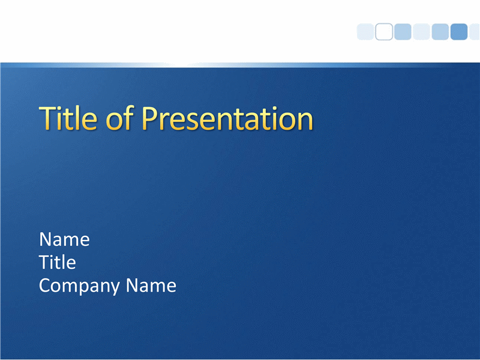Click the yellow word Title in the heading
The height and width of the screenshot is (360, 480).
(x=68, y=118)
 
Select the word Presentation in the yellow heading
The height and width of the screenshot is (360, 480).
(x=227, y=118)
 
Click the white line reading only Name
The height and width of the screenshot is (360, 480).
(x=64, y=239)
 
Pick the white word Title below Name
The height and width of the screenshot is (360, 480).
(x=58, y=262)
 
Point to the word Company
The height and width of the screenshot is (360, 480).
(x=79, y=286)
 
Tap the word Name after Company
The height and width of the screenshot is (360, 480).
(x=151, y=286)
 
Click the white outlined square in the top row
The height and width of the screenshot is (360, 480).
(x=384, y=32)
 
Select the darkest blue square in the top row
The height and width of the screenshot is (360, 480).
(x=459, y=32)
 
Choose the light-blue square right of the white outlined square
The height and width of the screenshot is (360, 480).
(x=403, y=32)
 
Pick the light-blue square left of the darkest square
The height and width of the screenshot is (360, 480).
(x=440, y=32)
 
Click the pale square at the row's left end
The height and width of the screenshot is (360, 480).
(x=365, y=32)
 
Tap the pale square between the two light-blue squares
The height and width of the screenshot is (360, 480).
(x=421, y=32)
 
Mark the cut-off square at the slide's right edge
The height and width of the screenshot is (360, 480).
(x=475, y=32)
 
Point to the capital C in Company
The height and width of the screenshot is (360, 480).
(x=46, y=286)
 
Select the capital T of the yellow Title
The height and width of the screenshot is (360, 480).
(x=49, y=118)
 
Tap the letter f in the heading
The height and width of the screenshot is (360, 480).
(x=128, y=118)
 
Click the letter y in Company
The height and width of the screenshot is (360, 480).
(x=113, y=289)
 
